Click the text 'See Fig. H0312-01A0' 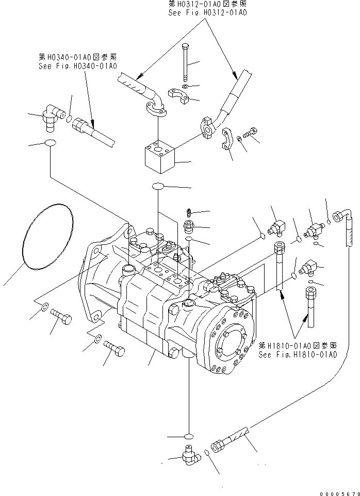coord(207,12)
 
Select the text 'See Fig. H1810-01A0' coord(298,355)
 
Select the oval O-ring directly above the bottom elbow coord(189,435)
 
